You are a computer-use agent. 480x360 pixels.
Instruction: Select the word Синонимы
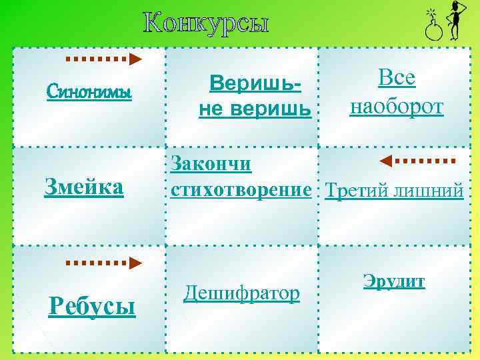click(89, 91)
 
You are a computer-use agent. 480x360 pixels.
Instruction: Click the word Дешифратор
click(241, 292)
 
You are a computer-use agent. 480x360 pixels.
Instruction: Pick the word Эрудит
click(394, 281)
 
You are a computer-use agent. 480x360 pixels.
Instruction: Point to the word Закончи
click(211, 163)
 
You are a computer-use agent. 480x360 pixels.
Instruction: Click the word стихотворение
click(241, 190)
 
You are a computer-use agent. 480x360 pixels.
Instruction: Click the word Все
click(397, 79)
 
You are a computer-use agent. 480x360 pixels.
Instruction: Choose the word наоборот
click(397, 107)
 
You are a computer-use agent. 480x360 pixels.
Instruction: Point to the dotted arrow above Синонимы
click(103, 59)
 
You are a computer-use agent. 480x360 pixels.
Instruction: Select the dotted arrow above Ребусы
click(103, 262)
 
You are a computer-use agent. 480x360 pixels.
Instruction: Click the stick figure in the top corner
click(456, 20)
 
